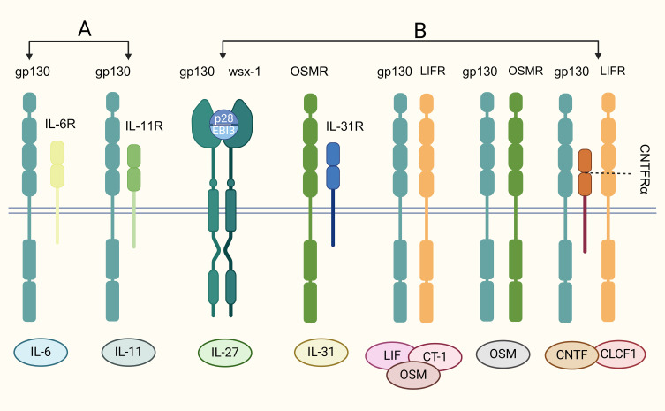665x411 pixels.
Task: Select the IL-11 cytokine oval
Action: (129, 352)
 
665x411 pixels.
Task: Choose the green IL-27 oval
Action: (224, 352)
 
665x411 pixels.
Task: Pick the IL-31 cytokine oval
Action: (319, 352)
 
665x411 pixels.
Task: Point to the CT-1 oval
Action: (435, 355)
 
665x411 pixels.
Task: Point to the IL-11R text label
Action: (145, 126)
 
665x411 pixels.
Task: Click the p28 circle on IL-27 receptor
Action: (222, 119)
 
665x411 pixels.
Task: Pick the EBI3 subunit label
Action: (222, 132)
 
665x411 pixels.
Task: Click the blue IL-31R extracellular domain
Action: (333, 164)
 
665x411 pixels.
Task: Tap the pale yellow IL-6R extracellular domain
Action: (58, 164)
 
